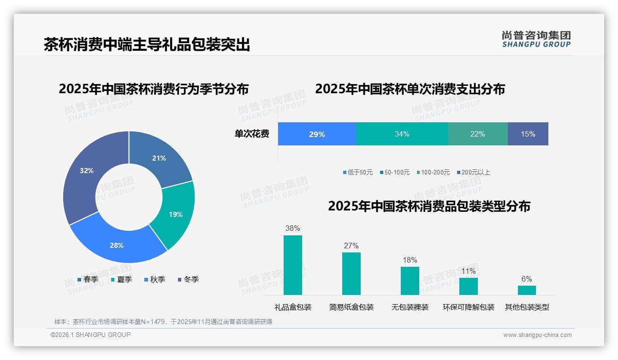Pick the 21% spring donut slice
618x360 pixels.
(x=160, y=158)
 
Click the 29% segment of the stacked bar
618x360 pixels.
(x=317, y=134)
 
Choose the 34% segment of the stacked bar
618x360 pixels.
(x=402, y=134)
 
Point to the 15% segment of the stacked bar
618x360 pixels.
(x=528, y=134)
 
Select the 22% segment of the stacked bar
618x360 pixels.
(x=478, y=134)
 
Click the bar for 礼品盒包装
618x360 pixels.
(x=293, y=265)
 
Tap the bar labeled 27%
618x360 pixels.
(x=351, y=274)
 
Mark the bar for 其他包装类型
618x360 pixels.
(x=527, y=290)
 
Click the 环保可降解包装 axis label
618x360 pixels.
(x=469, y=307)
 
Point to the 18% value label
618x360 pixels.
(x=410, y=260)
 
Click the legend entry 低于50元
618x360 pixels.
(x=358, y=173)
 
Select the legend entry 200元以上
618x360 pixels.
(x=474, y=173)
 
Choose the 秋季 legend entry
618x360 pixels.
(x=155, y=280)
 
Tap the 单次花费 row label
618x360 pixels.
(x=252, y=134)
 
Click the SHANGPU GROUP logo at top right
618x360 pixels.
(x=536, y=39)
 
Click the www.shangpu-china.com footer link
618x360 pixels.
(x=537, y=335)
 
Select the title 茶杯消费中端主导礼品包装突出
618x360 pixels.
(x=147, y=45)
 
